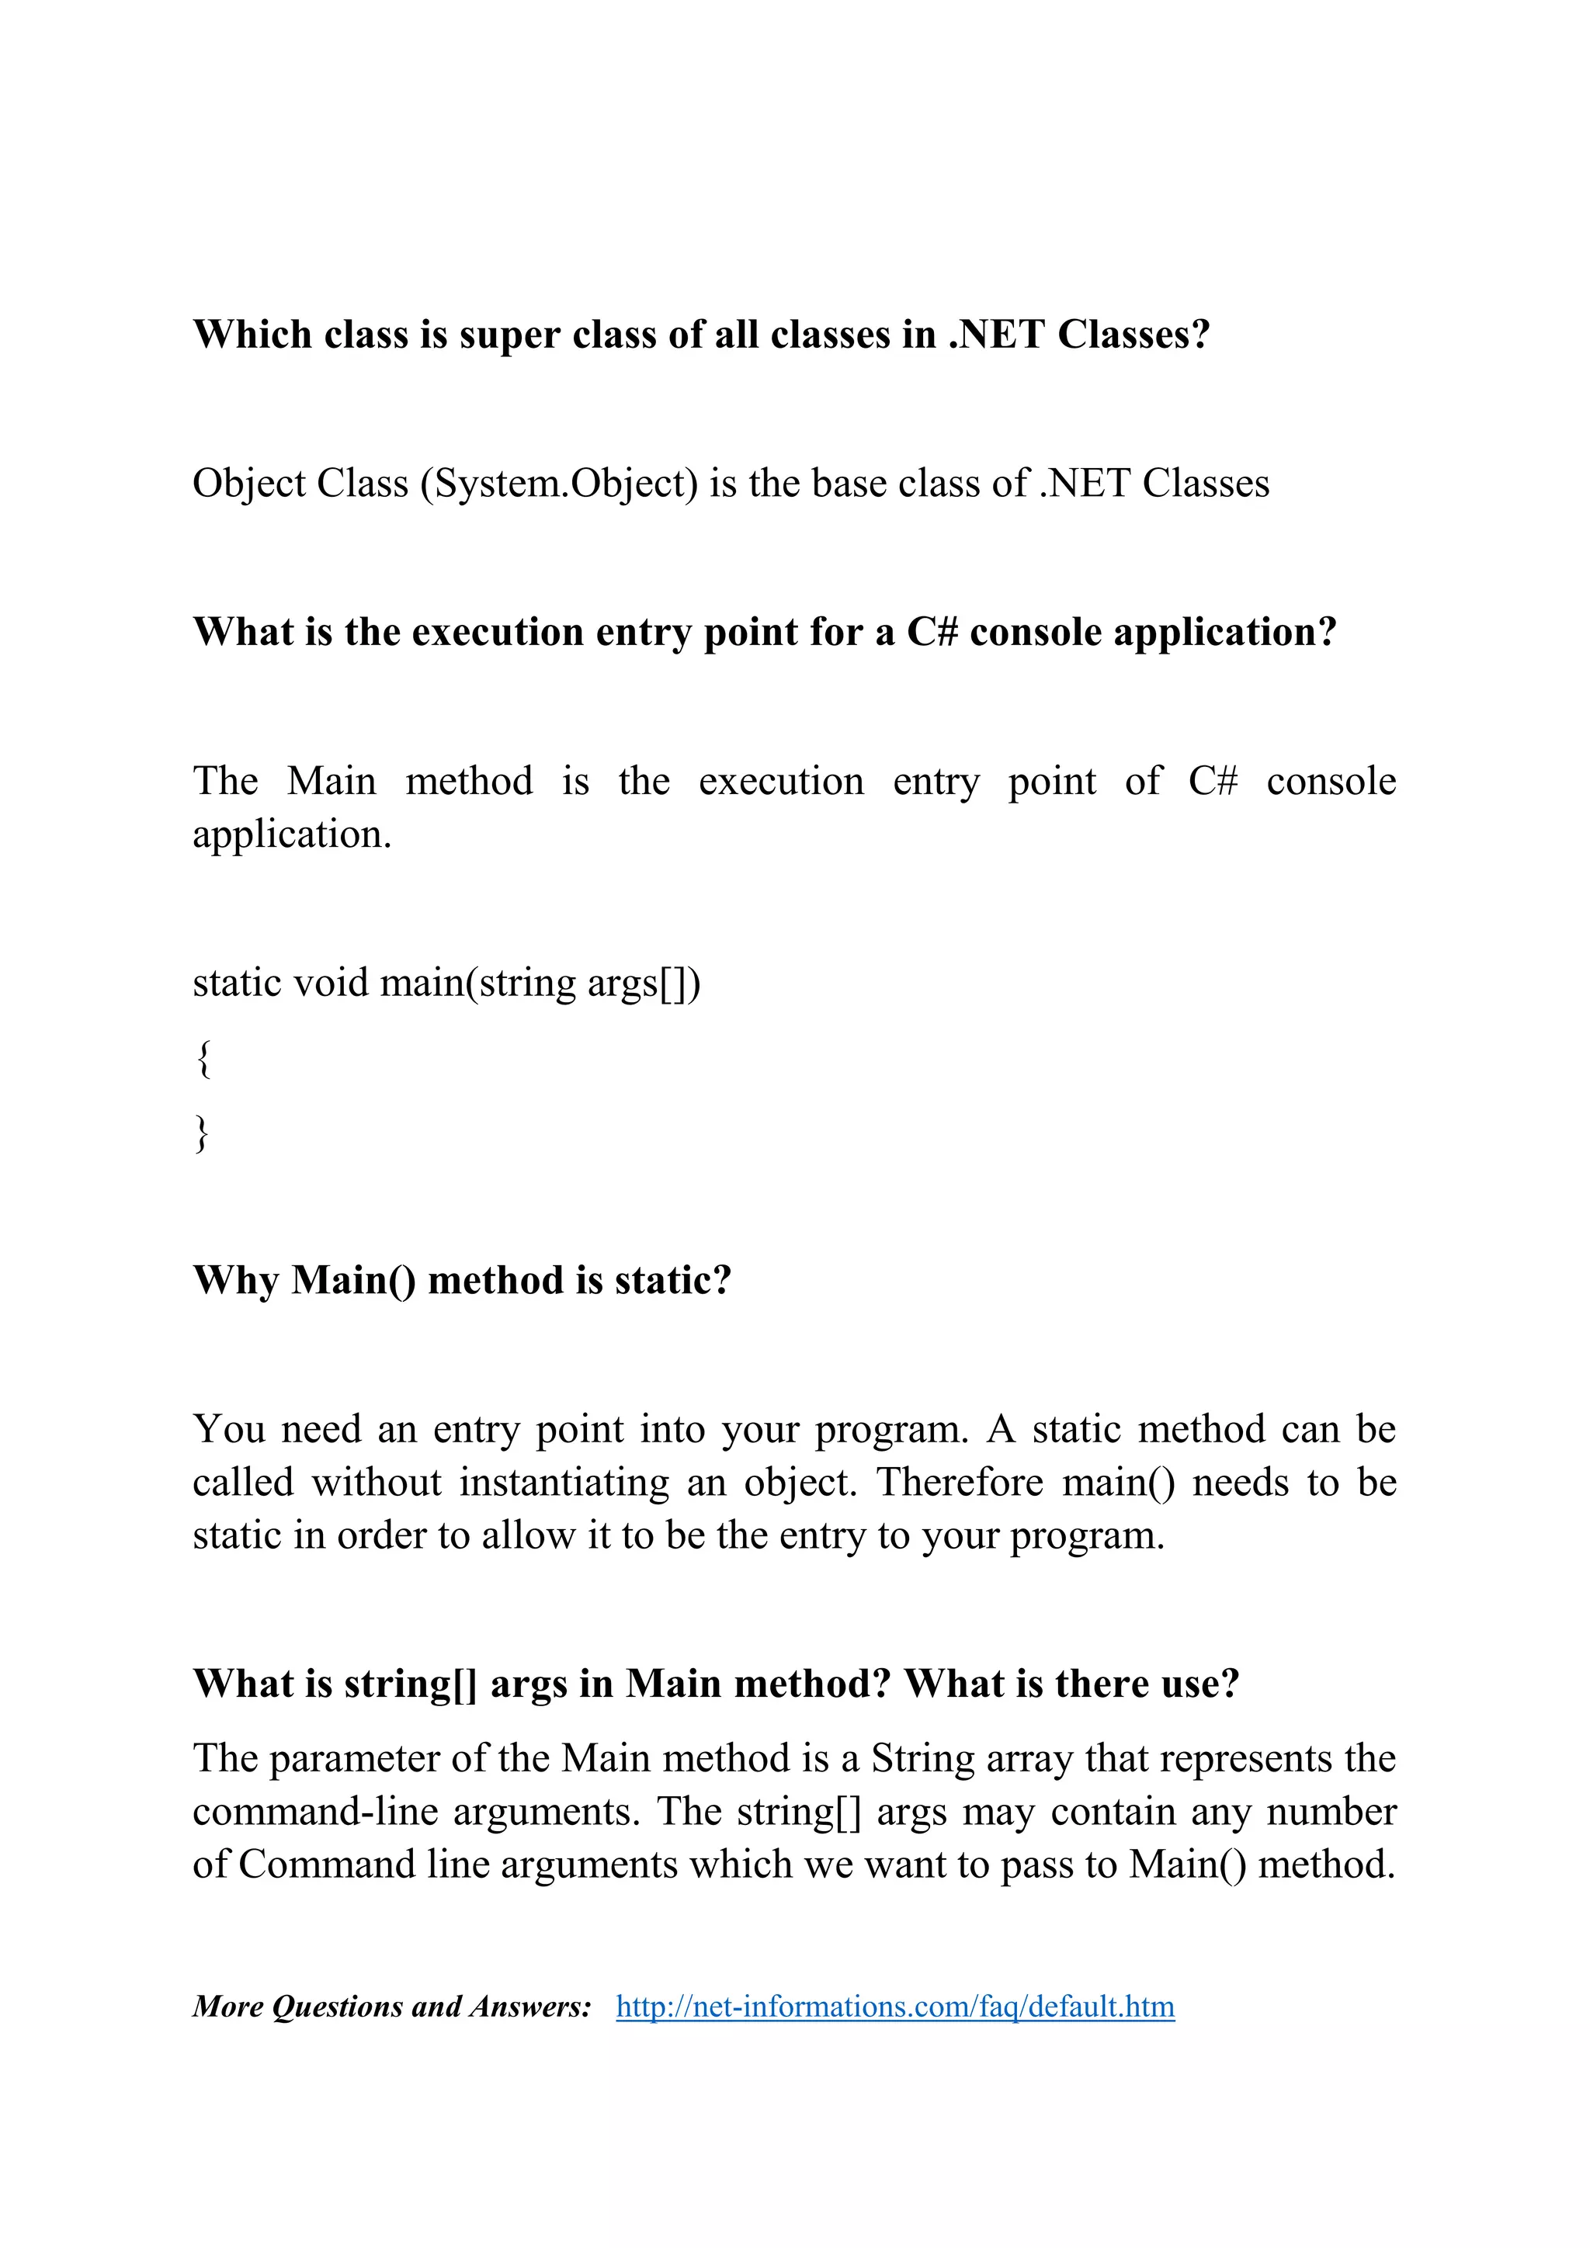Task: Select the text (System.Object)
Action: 559,484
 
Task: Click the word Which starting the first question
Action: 252,335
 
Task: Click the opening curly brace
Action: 203,1060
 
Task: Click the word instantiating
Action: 564,1483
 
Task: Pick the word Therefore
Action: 960,1483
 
